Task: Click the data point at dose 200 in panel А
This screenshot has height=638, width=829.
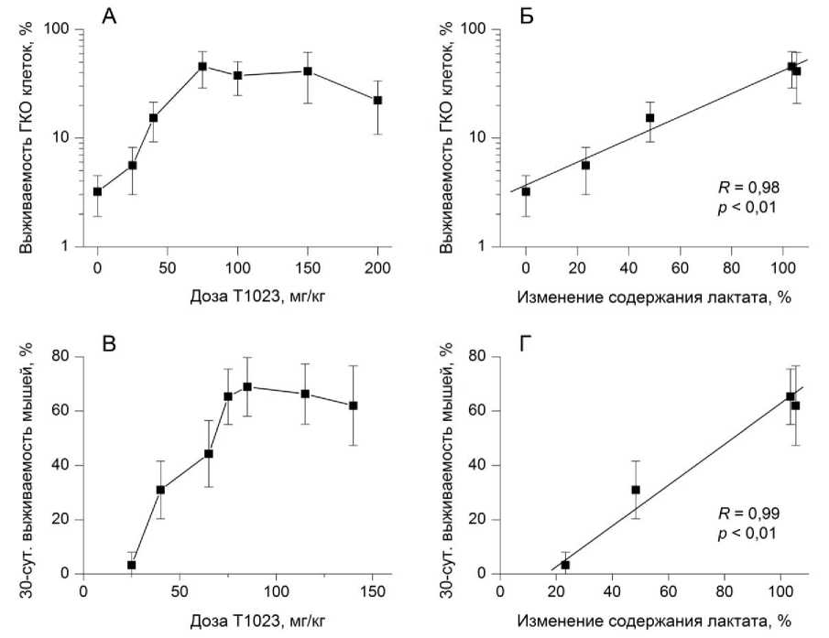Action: pyautogui.click(x=377, y=100)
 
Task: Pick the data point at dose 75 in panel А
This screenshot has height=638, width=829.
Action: pyautogui.click(x=202, y=66)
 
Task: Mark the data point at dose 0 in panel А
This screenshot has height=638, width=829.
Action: pyautogui.click(x=97, y=191)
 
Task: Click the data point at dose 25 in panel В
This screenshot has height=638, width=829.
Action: pyautogui.click(x=131, y=565)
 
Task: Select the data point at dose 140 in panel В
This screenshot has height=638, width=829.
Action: pyautogui.click(x=353, y=406)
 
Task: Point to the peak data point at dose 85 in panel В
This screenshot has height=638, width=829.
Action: pyautogui.click(x=246, y=386)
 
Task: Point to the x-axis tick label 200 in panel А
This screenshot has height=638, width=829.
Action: pyautogui.click(x=377, y=267)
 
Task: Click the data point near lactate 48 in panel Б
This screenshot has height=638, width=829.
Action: pyautogui.click(x=649, y=117)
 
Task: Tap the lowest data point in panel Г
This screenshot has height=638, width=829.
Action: pyautogui.click(x=565, y=565)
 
